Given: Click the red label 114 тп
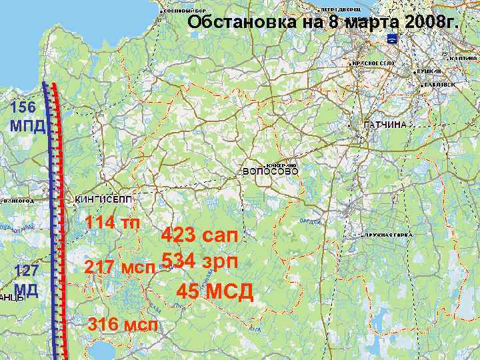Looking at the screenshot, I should pyautogui.click(x=113, y=222).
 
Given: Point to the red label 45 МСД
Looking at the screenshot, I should pyautogui.click(x=215, y=291).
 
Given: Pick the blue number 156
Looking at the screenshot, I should pyautogui.click(x=23, y=107).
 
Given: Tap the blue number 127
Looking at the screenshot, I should pyautogui.click(x=26, y=271).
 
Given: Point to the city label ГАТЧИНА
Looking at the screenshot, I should pyautogui.click(x=385, y=125).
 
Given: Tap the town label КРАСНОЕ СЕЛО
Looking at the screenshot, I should pyautogui.click(x=373, y=63).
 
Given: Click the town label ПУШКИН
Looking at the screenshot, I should pyautogui.click(x=432, y=71).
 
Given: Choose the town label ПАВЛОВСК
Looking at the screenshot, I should pyautogui.click(x=439, y=85).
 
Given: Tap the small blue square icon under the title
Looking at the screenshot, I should pyautogui.click(x=392, y=40).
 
